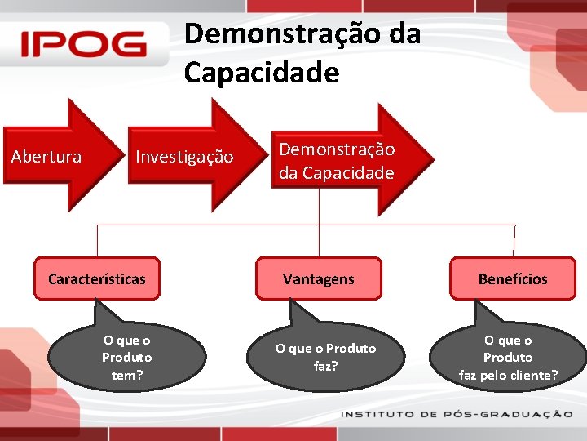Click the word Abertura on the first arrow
(x=46, y=156)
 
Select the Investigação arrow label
(x=184, y=156)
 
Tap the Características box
(x=97, y=278)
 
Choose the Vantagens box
(x=319, y=278)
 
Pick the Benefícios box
(x=513, y=278)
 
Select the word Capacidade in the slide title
(x=261, y=73)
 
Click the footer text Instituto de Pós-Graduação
(x=457, y=415)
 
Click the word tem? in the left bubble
(x=127, y=375)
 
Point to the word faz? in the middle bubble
(x=325, y=366)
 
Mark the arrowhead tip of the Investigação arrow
(x=255, y=155)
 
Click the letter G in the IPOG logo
(x=127, y=44)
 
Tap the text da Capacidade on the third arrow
(x=336, y=173)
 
